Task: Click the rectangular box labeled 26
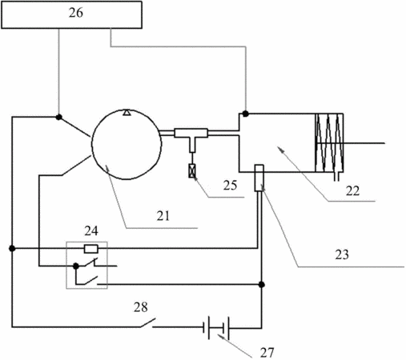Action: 71,14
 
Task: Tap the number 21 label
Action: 163,216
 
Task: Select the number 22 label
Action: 352,191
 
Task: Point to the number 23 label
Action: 342,254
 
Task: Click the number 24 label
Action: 91,231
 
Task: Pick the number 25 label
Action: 230,185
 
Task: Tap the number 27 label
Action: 267,353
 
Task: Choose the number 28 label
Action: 141,307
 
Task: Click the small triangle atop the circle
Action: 127,113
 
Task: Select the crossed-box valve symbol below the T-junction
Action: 192,171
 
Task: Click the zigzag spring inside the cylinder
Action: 329,143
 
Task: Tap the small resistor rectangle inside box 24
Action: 91,249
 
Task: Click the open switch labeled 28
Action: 148,322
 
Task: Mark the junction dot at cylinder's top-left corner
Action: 246,114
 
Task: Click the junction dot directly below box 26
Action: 59,117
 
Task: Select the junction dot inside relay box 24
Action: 76,266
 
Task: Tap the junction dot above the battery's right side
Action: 262,285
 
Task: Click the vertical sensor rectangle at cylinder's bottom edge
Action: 259,178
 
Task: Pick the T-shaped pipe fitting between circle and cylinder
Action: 191,138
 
